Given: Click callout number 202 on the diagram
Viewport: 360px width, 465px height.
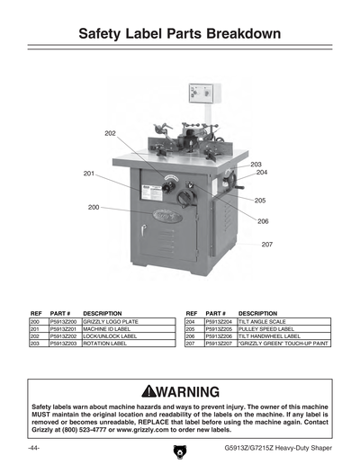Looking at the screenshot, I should (110, 133).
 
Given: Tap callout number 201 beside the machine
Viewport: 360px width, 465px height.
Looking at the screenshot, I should (90, 174).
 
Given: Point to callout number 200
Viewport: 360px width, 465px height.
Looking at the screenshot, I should (94, 208).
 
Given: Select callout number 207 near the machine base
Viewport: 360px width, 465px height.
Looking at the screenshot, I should (267, 245).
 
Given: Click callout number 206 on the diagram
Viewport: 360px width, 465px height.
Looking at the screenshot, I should (263, 220).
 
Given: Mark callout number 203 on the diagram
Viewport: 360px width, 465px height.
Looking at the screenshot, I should (256, 164).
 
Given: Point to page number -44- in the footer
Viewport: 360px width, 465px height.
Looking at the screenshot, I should (33, 447).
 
